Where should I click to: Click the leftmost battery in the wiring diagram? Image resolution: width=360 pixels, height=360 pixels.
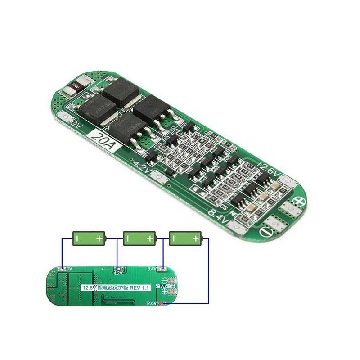click(89, 238)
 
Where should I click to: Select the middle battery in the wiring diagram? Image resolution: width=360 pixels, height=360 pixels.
click(139, 238)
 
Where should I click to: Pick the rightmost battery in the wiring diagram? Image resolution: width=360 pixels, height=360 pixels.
click(185, 238)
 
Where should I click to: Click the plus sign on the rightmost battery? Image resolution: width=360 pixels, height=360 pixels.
click(196, 238)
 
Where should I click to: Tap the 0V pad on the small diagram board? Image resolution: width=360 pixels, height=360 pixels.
click(62, 269)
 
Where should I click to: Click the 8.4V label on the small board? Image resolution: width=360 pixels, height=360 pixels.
click(152, 269)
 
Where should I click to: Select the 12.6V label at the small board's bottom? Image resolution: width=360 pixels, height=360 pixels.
click(152, 303)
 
